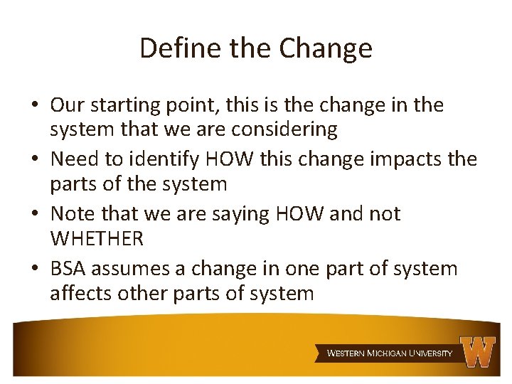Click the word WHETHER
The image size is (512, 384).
pyautogui.click(x=97, y=239)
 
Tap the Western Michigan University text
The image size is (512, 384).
pyautogui.click(x=389, y=353)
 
